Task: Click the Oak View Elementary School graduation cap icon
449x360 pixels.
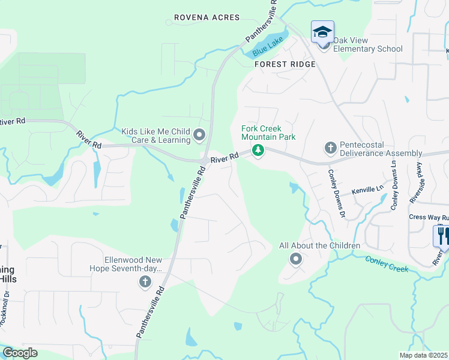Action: point(322,32)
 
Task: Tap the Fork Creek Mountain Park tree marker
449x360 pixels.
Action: point(258,150)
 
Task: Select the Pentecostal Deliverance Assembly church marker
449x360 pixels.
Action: point(330,147)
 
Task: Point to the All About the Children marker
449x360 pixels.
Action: point(295,259)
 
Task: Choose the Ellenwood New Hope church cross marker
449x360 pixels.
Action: point(144,283)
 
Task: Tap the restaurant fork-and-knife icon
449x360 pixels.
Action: point(442,235)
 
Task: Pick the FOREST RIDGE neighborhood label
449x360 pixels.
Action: point(285,64)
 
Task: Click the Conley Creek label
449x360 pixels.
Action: point(387,263)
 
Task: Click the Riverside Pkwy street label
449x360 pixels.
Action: point(413,192)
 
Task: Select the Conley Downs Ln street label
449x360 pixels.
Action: point(394,185)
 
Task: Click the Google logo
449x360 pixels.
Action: point(20,353)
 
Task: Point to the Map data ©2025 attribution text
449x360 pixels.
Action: point(424,355)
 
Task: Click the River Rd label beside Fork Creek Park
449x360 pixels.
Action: point(225,158)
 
